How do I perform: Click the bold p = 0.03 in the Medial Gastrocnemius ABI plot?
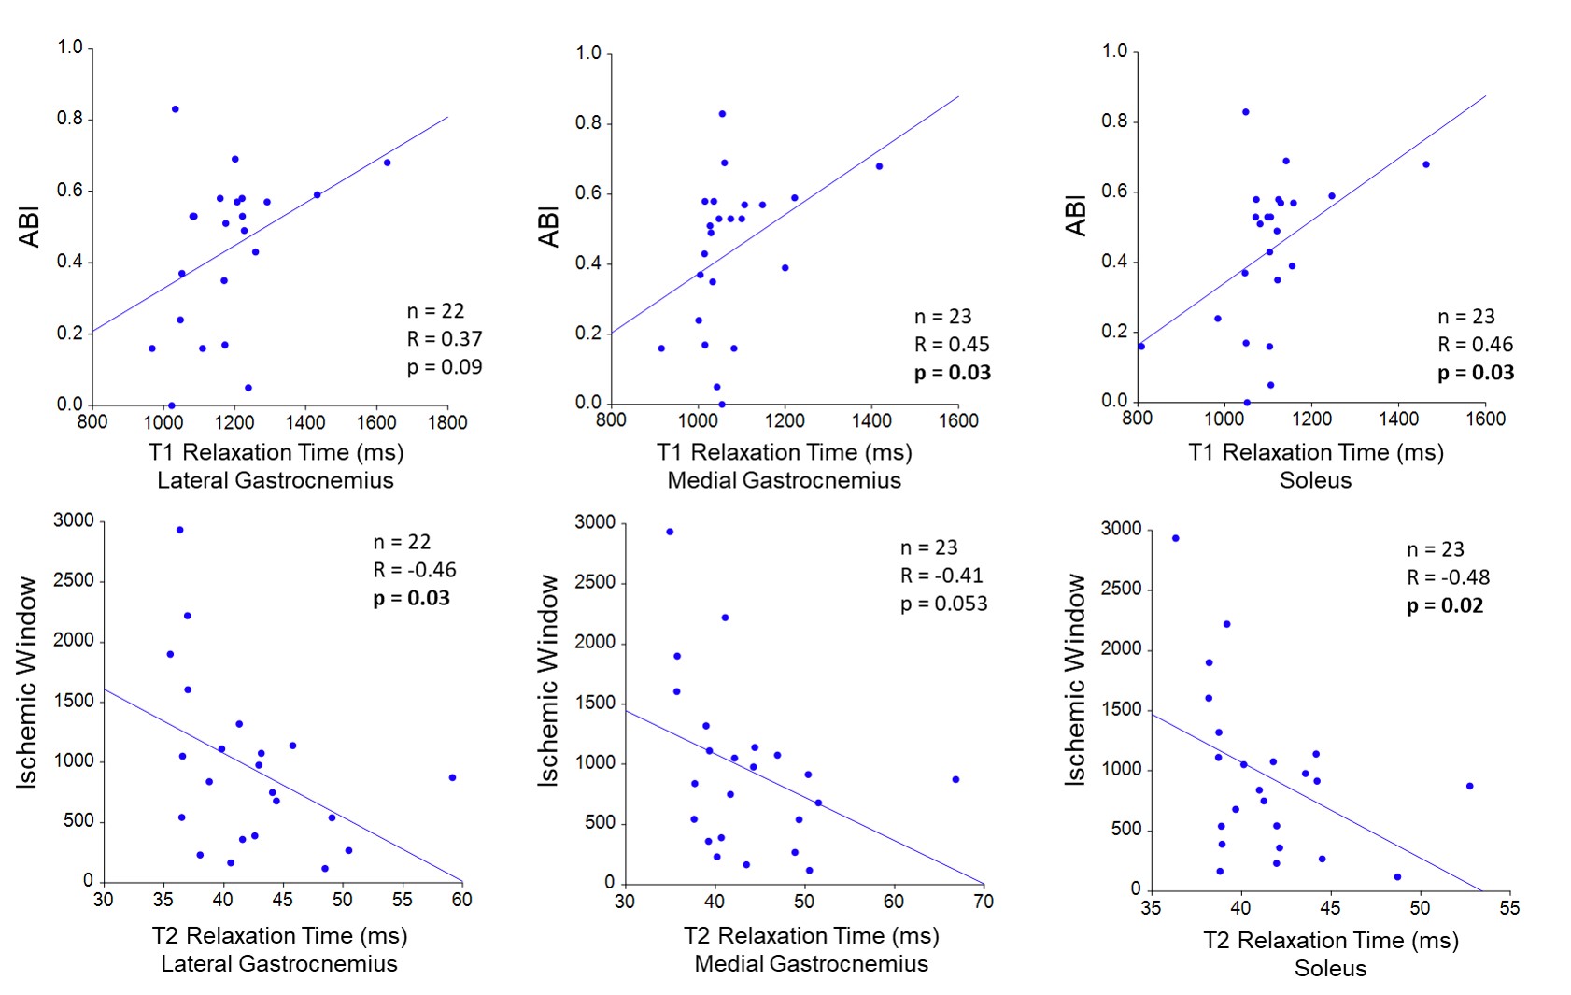952,373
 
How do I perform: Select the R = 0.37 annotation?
445,339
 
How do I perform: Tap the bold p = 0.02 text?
1445,605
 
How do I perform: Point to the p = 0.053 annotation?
943,604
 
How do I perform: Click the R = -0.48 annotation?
1448,577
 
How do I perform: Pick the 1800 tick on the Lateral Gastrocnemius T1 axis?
447,422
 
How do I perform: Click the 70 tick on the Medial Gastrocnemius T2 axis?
984,902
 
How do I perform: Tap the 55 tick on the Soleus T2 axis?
1509,908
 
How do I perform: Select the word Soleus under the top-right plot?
1315,480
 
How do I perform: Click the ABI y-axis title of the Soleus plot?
1076,216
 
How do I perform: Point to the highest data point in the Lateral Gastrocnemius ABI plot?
175,109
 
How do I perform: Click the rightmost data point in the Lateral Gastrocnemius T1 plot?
387,163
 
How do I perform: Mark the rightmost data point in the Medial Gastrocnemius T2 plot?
955,779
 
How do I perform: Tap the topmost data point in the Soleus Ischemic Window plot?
1175,538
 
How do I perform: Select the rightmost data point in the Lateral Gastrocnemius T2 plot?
452,777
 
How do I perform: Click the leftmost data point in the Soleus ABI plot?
1141,347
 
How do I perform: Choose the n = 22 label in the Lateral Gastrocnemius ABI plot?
435,311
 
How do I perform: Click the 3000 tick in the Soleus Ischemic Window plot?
1121,529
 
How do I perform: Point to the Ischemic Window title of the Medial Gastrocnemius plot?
547,680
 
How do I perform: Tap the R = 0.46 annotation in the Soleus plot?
1475,345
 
